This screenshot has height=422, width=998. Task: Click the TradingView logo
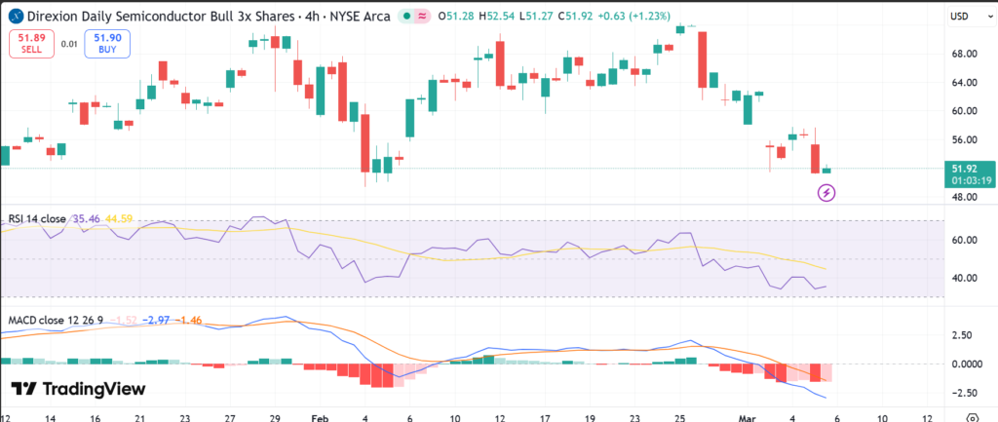pos(79,390)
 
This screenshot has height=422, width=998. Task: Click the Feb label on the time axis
pos(320,415)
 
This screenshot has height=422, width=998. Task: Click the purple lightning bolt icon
pos(826,194)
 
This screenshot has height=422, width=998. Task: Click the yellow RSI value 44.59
pos(122,219)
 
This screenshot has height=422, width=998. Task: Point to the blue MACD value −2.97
pos(158,321)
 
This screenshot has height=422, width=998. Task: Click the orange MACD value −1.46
pos(187,321)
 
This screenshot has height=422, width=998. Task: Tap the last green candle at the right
pos(826,170)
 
